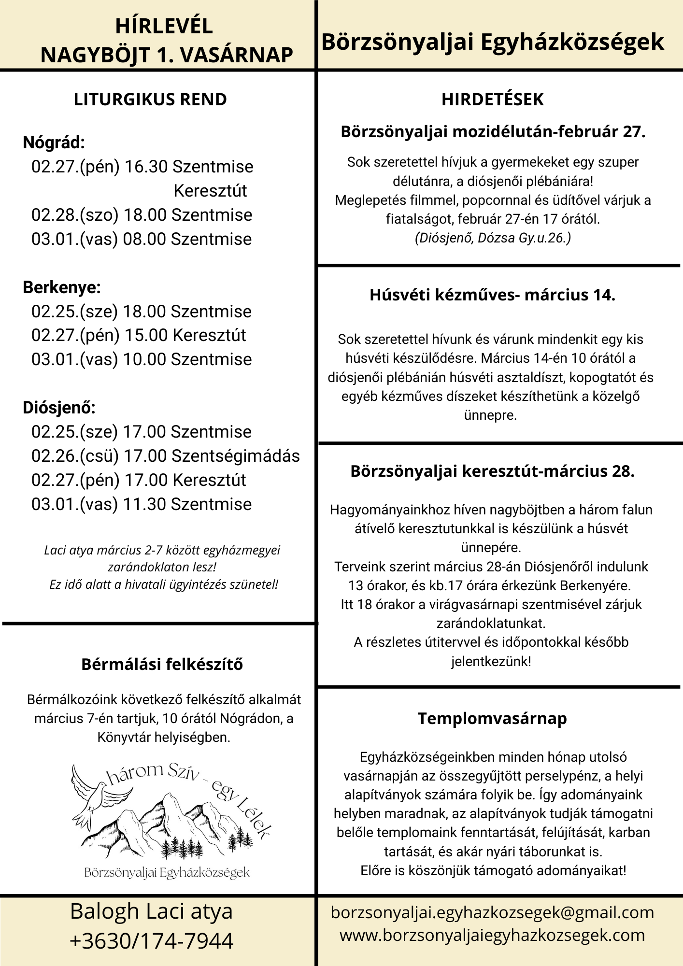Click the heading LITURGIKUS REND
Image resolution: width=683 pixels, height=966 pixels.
[x=150, y=99]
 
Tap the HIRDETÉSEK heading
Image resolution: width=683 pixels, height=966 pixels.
[x=492, y=99]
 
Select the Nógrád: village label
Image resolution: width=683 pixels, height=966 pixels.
[x=54, y=142]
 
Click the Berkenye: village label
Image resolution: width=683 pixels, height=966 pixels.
[x=61, y=287]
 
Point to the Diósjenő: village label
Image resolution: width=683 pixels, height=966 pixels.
[x=59, y=408]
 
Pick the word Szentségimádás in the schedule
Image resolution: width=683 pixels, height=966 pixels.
[x=236, y=456]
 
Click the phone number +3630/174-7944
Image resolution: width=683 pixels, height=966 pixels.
[x=152, y=941]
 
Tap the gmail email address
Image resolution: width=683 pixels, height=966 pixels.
[x=492, y=912]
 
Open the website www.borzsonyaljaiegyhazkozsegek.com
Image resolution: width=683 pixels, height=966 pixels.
[x=492, y=935]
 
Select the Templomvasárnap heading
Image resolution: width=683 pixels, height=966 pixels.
[x=492, y=718]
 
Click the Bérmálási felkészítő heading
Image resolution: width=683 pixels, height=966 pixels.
[x=162, y=664]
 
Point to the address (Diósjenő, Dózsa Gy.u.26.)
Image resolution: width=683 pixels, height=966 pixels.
[x=493, y=238]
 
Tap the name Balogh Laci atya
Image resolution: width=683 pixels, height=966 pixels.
[x=152, y=911]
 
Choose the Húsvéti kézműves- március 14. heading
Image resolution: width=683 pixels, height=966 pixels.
[x=492, y=295]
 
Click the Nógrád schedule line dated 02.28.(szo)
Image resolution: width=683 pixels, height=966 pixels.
[x=142, y=215]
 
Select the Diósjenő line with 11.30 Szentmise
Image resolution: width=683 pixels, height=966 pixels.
[x=142, y=504]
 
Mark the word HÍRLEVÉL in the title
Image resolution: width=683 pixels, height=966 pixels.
[x=164, y=26]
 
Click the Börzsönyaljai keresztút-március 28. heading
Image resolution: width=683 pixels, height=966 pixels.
[x=492, y=471]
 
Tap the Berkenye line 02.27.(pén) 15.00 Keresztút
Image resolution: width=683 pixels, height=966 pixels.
[x=139, y=335]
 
